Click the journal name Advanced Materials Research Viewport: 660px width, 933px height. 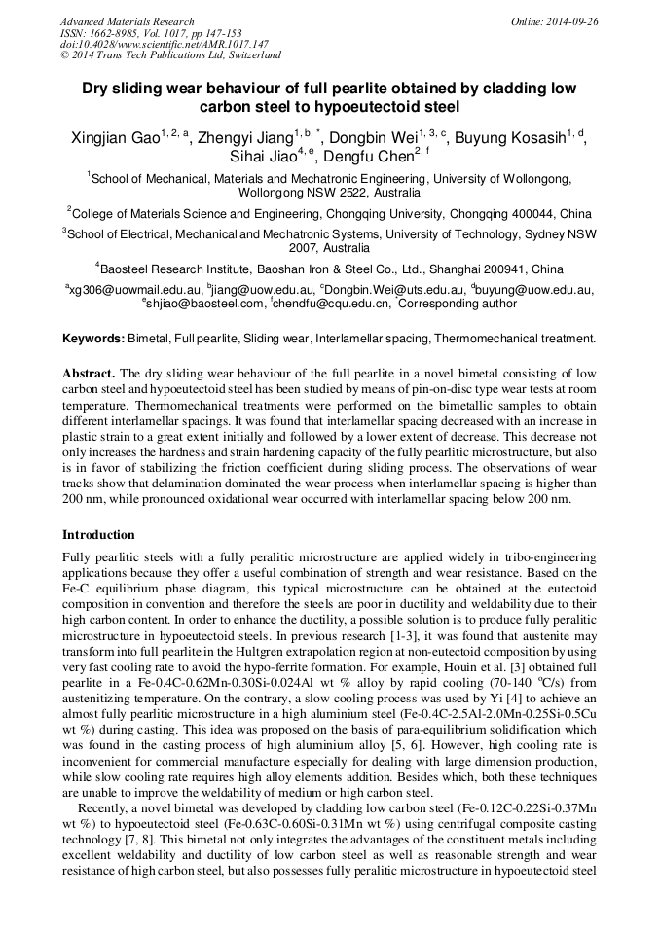tap(127, 21)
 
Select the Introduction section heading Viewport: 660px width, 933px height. tap(98, 535)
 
